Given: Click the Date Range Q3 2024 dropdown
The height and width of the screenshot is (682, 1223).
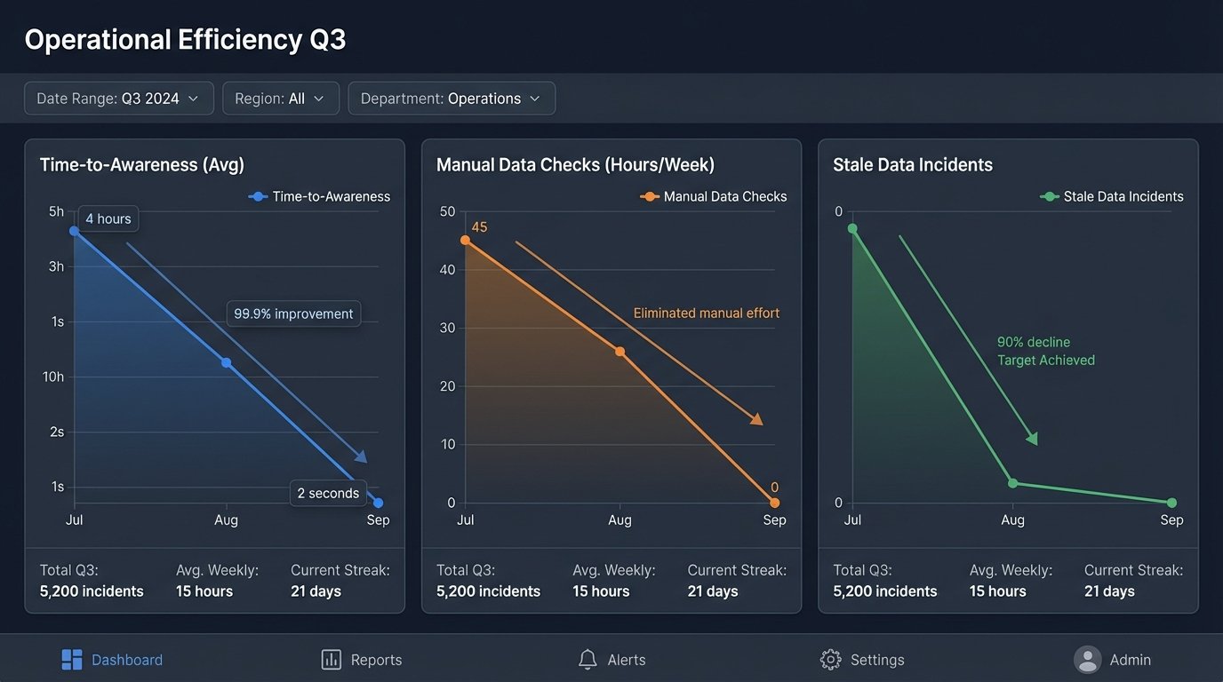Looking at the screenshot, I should [x=118, y=99].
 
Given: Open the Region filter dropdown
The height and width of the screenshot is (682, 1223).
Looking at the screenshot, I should [x=280, y=99].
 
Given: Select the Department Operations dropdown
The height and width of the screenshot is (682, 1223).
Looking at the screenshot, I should [x=451, y=99].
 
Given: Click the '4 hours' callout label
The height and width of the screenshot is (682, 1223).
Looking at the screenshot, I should [x=108, y=218].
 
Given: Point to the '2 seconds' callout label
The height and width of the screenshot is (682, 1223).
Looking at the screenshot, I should [x=328, y=493].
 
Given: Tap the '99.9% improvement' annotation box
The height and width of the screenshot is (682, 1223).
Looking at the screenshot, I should [x=293, y=313].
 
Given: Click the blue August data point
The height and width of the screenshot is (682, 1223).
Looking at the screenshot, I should [x=226, y=362].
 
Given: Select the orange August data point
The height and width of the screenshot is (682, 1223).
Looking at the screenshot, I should [x=619, y=352].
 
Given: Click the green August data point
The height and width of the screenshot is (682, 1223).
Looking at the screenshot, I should [x=1012, y=483].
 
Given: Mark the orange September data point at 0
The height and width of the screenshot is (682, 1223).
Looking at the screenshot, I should [x=774, y=503].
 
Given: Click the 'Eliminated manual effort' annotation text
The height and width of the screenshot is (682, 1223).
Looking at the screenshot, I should [x=706, y=313].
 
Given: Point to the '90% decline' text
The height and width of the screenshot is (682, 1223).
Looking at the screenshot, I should [x=1033, y=342].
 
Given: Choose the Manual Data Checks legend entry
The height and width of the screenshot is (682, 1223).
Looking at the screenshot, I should [x=714, y=196].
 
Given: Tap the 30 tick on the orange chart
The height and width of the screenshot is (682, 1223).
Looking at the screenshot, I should [x=447, y=328].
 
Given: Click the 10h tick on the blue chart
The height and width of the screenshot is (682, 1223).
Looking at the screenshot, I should [x=53, y=377].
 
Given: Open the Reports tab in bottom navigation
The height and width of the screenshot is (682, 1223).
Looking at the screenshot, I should [x=362, y=660].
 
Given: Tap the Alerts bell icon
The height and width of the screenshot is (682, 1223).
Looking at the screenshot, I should [x=588, y=659].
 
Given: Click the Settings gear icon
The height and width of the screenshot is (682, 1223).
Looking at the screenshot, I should [x=830, y=659].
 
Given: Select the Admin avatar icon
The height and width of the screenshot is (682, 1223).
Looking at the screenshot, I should [x=1087, y=659].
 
